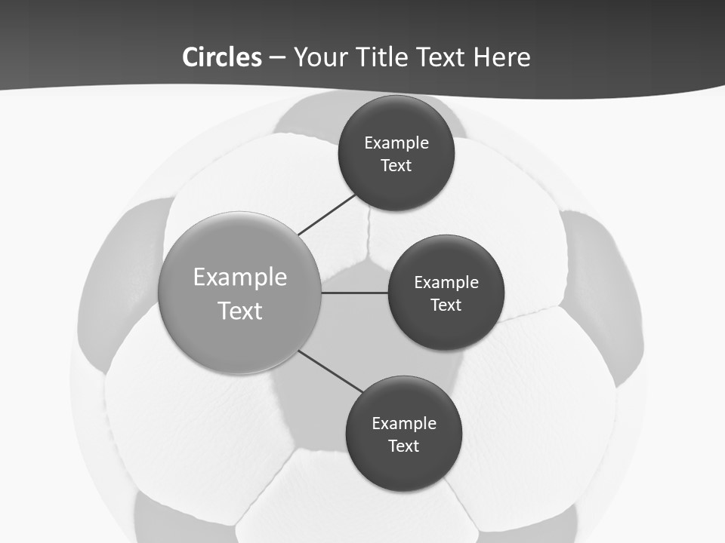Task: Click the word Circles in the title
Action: (221, 57)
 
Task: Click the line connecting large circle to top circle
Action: (327, 214)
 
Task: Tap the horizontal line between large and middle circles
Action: (355, 293)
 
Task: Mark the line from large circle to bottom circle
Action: (331, 371)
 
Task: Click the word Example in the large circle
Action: (240, 277)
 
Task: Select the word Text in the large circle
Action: (240, 311)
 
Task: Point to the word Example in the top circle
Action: (396, 143)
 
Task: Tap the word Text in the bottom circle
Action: (403, 446)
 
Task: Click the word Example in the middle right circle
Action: (446, 283)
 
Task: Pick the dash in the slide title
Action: (277, 57)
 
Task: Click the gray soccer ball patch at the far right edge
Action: (604, 294)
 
